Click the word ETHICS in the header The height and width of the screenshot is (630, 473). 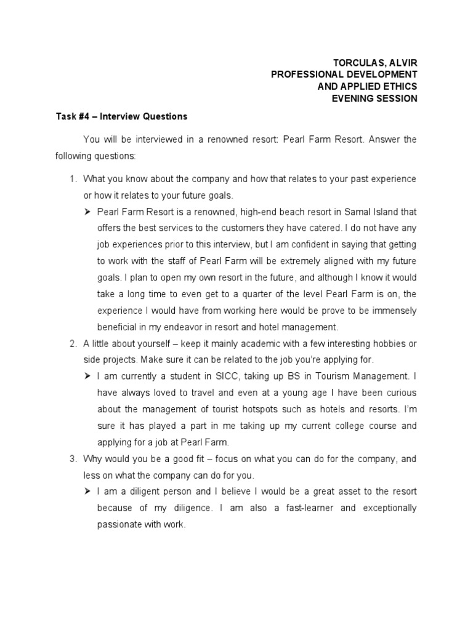[397, 86]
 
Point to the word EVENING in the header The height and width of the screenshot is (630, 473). [357, 98]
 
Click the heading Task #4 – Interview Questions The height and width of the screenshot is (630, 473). [121, 116]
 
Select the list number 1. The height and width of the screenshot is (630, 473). [71, 179]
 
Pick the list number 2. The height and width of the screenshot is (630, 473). [71, 343]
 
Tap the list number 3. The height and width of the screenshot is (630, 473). [71, 459]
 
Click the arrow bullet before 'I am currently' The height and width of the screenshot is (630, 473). [88, 375]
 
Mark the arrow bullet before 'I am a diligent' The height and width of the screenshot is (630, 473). [88, 492]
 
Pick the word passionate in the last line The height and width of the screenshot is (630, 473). [119, 525]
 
